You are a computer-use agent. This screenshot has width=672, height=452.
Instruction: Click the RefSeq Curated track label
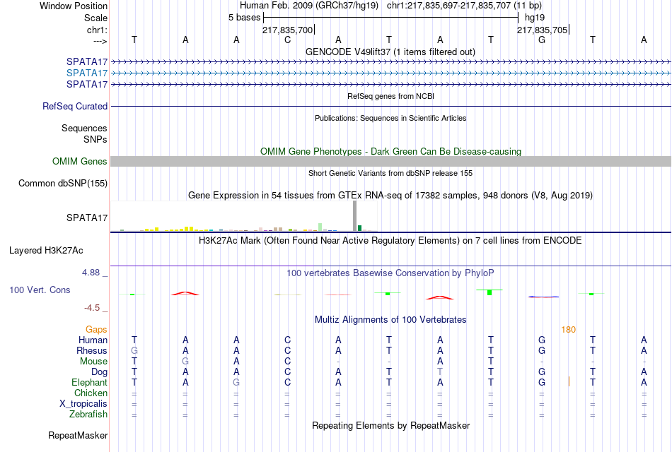coord(75,106)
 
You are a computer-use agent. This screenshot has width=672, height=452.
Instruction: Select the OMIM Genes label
coord(80,161)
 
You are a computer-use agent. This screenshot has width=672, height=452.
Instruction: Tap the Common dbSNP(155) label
coord(63,183)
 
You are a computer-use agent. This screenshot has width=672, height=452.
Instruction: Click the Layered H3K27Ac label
coord(46,251)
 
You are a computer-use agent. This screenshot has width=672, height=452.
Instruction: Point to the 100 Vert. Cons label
coord(40,290)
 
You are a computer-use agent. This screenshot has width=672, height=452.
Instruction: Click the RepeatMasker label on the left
coord(78,435)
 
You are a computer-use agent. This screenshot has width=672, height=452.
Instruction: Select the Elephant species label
coord(90,382)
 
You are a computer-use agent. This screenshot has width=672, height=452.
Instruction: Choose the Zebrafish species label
coord(88,414)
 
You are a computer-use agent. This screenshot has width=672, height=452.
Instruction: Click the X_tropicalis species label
coord(83,404)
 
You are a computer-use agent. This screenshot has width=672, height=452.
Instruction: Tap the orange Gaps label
coord(96,329)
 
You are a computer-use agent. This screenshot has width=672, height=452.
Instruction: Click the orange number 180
coord(568,330)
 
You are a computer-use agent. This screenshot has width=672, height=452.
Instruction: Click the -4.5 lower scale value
coord(92,308)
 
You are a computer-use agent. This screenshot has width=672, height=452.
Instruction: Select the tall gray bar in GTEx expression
coord(355,216)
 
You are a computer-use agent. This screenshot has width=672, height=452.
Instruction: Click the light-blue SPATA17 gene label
coord(87,73)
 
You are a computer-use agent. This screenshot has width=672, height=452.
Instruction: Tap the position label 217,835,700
coord(288,30)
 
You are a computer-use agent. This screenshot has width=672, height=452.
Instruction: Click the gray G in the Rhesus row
coord(134,350)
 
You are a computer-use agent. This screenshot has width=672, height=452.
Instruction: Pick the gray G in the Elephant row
coord(236,382)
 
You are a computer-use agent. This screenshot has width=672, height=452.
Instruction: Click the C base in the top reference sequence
coord(288,40)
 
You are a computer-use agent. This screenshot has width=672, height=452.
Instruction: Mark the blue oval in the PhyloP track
coord(543,297)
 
